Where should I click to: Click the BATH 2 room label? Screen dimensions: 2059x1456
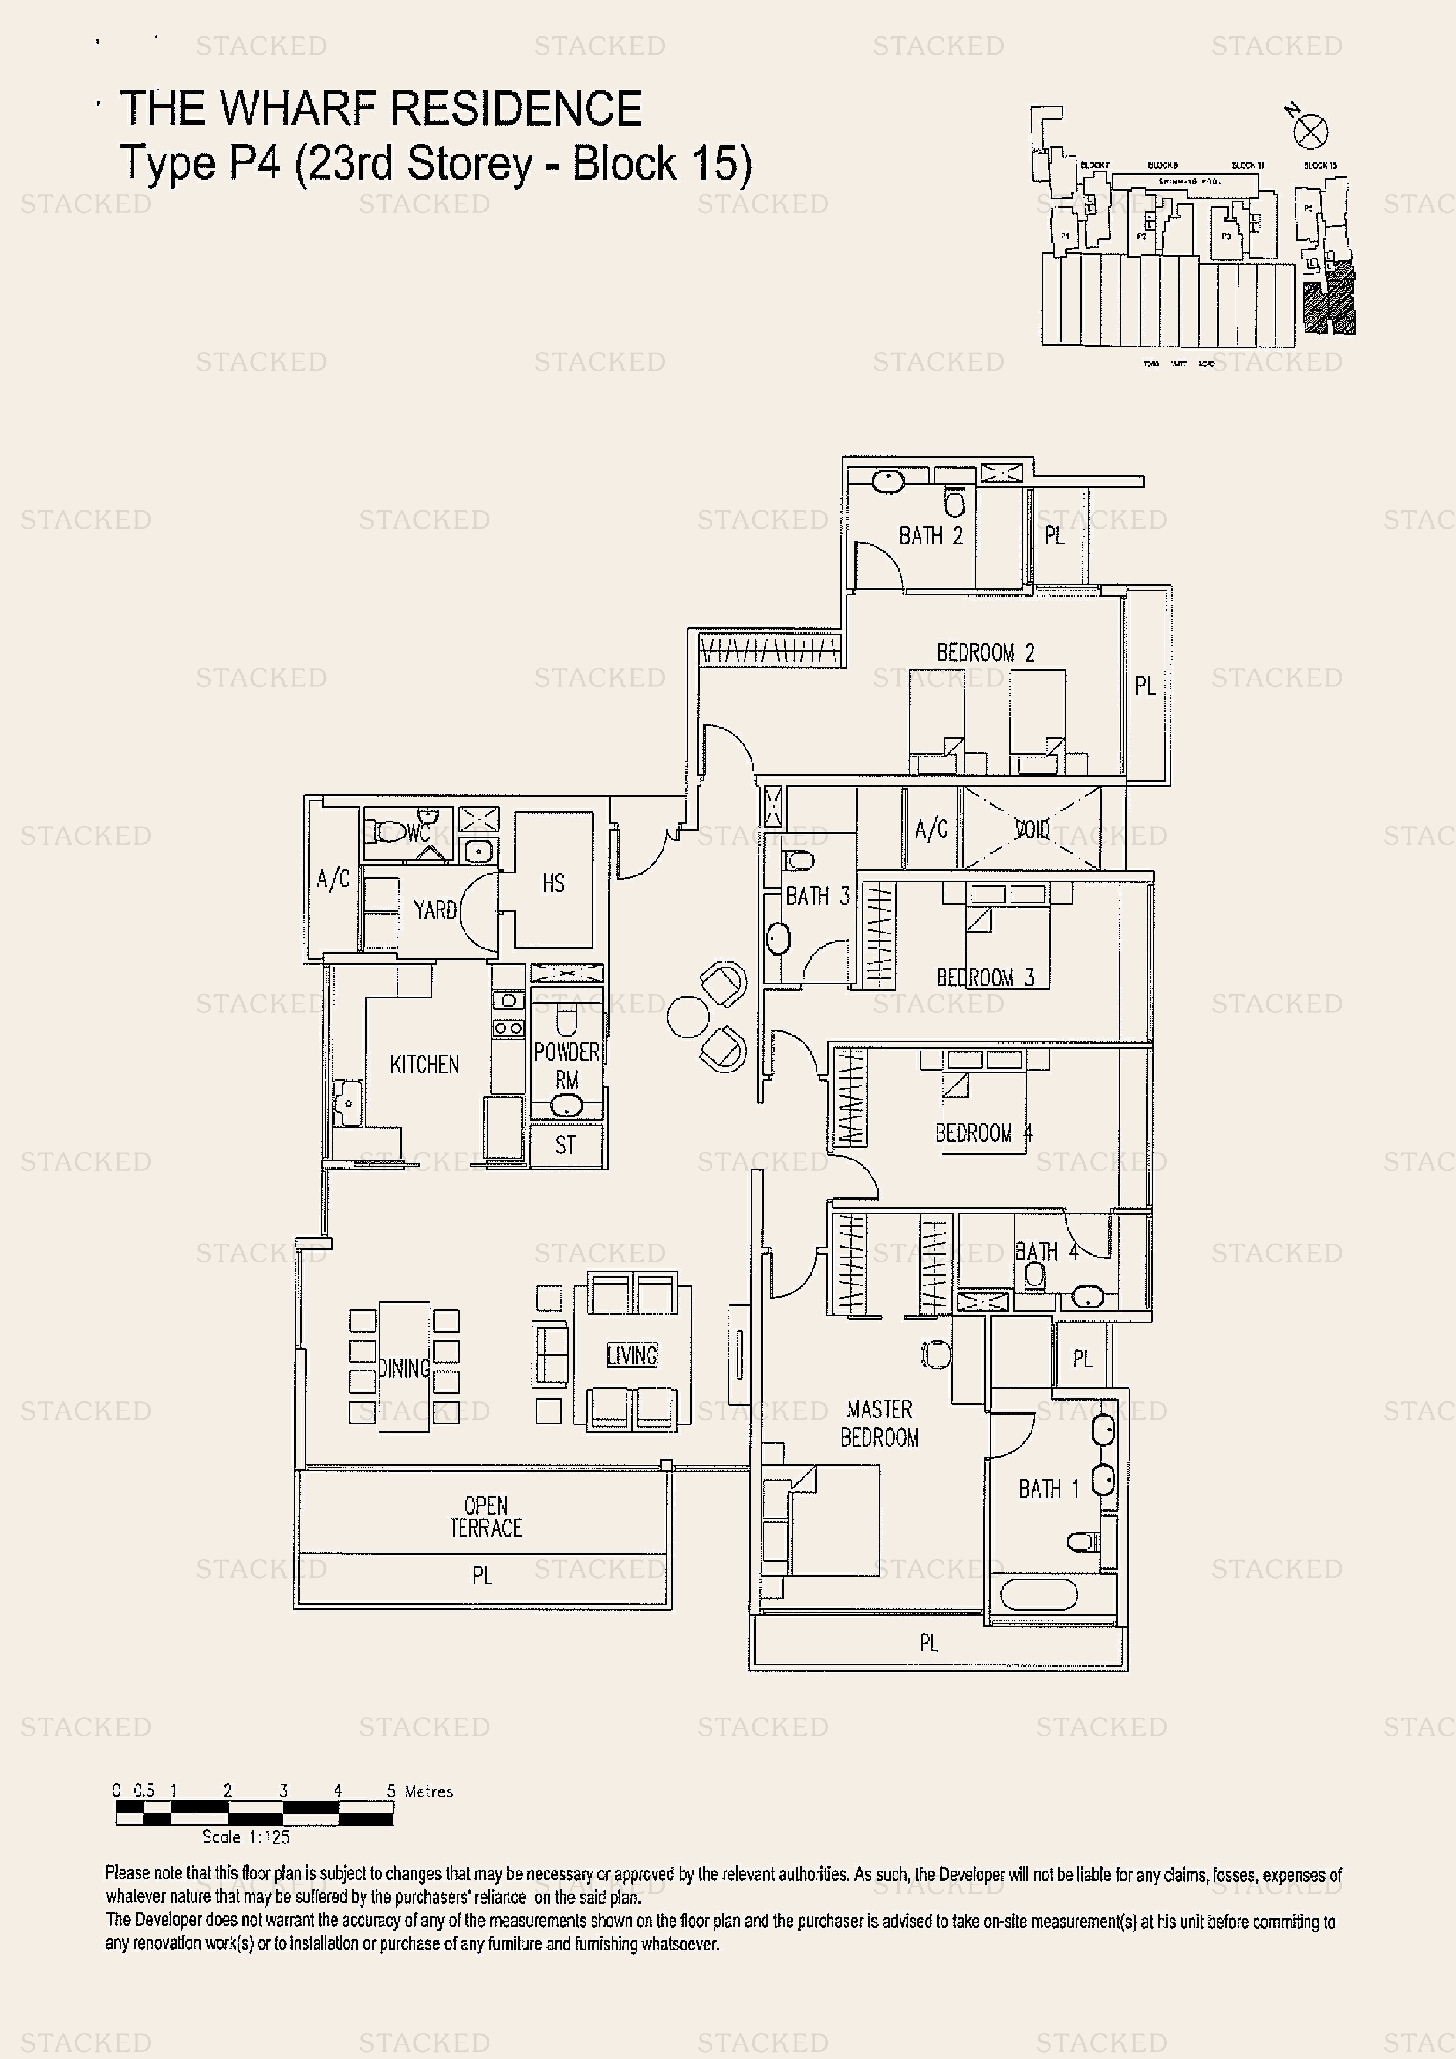coord(930,536)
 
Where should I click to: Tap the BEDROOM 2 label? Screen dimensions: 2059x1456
coord(985,653)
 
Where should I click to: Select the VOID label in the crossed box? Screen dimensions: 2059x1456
coord(1032,829)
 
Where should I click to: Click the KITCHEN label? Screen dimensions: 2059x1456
coord(424,1065)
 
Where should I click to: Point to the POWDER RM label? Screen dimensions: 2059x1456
coord(566,1065)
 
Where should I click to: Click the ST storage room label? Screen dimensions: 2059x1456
coord(565,1145)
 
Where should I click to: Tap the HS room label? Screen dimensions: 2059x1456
coord(553,883)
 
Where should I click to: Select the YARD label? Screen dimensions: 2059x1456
coord(435,910)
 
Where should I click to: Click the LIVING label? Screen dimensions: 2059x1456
coord(631,1355)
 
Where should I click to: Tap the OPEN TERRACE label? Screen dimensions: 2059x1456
coord(485,1516)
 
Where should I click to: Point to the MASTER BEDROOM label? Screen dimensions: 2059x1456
coord(879,1423)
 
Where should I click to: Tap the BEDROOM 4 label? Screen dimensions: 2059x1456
coord(983,1133)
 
